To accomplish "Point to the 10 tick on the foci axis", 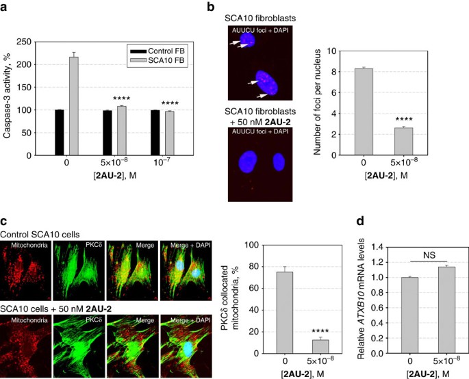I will [319, 50].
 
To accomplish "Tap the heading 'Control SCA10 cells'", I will [40, 233].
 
